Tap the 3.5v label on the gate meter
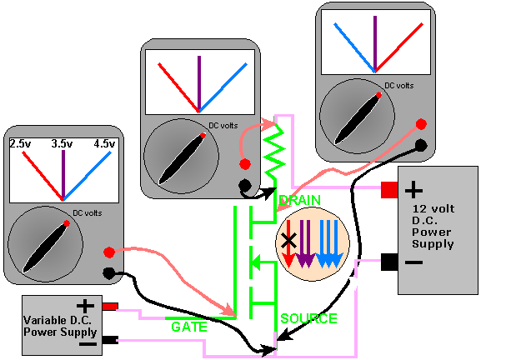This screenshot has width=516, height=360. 63,144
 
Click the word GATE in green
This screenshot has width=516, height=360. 188,327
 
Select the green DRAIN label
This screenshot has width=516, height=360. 298,201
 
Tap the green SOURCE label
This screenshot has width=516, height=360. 308,317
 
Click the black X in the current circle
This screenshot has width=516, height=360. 288,240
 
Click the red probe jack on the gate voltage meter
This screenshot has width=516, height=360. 109,251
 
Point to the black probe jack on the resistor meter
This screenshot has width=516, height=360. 244,187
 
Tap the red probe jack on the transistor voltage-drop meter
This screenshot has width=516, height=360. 421,124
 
